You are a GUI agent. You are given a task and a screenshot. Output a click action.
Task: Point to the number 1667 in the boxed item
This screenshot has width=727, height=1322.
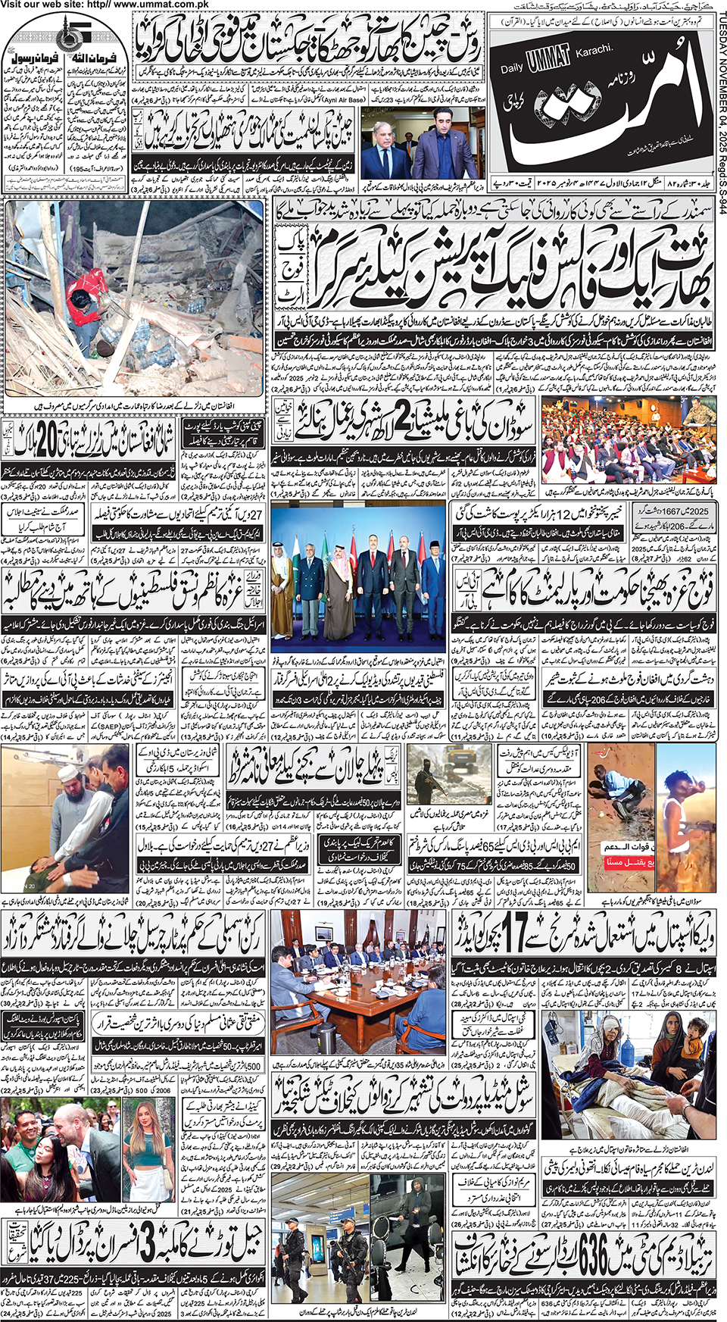point(658,511)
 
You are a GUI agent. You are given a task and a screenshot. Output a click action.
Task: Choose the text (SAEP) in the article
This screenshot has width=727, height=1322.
point(207,726)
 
